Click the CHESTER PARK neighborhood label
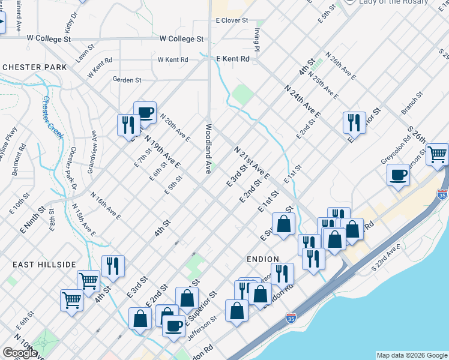click(x=34, y=67)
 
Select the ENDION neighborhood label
click(x=262, y=258)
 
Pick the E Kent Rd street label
click(x=232, y=59)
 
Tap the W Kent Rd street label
click(x=173, y=60)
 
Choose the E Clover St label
click(x=232, y=20)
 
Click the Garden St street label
click(x=127, y=79)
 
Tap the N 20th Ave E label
click(x=175, y=128)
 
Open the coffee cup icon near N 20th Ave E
click(x=145, y=112)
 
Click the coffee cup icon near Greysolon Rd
click(x=399, y=175)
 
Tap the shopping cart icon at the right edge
click(x=438, y=154)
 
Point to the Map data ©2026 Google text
click(x=412, y=355)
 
